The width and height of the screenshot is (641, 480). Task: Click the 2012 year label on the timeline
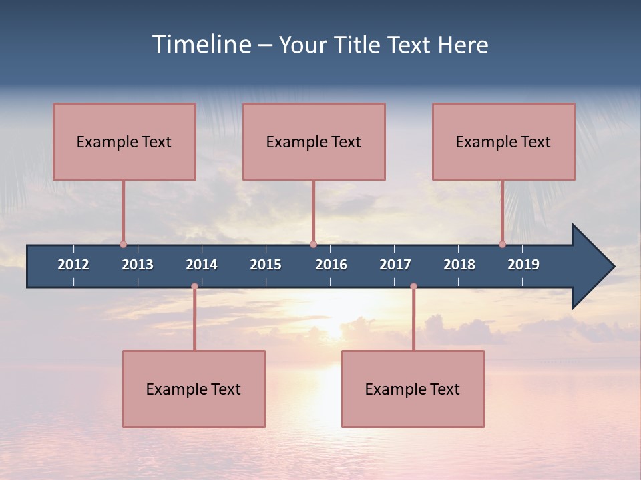[x=73, y=265]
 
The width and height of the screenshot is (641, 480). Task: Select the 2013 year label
[x=138, y=265]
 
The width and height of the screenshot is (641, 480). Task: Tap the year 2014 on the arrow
[x=202, y=265]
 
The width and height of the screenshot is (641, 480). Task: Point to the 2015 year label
[x=266, y=265]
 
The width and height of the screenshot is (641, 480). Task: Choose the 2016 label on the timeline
[x=331, y=265]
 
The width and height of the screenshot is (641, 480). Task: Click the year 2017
[x=395, y=265]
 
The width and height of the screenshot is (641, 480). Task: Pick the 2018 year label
[x=459, y=265]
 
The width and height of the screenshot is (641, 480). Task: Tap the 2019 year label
[x=523, y=265]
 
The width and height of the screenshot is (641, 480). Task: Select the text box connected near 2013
[x=124, y=141]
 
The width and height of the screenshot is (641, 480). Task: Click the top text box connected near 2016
[x=314, y=141]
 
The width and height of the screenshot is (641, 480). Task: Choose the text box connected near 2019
[x=503, y=141]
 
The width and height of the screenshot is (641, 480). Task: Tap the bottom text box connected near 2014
[x=194, y=389]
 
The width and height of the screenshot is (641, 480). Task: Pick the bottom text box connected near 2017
[x=413, y=389]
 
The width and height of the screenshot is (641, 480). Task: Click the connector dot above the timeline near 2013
[x=123, y=244]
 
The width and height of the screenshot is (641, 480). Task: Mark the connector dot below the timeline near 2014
[x=194, y=286]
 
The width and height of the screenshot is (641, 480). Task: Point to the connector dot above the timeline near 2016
[x=313, y=244]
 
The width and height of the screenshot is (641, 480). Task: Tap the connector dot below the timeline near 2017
[x=413, y=286]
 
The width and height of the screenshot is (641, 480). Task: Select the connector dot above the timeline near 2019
[x=502, y=244]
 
